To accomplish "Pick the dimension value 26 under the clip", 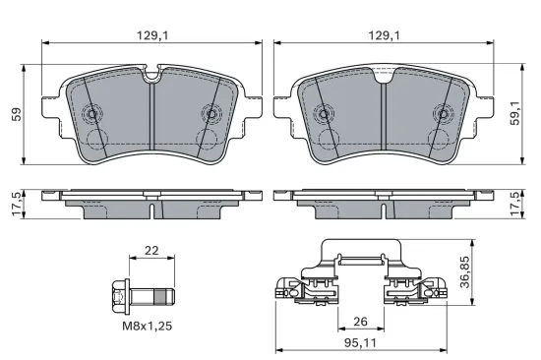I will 361,322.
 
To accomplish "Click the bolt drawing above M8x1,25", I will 143,292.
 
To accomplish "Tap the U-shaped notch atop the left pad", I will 152,74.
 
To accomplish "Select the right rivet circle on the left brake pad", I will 210,113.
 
